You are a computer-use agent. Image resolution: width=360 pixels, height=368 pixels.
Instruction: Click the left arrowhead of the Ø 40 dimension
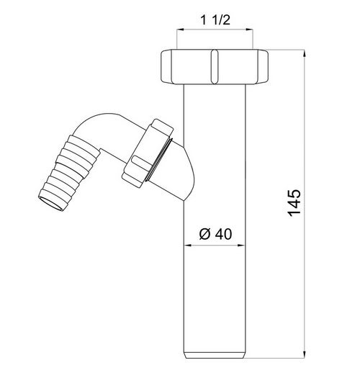189,246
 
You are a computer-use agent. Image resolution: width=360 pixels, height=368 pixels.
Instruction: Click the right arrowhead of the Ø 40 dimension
243,246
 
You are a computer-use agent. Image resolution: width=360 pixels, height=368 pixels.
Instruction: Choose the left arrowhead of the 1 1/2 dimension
179,30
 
